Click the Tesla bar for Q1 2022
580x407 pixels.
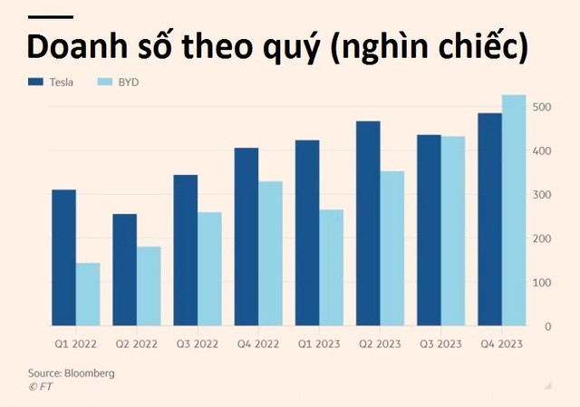point(63,257)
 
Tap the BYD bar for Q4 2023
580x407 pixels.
point(514,210)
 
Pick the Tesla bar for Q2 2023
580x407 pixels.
point(368,223)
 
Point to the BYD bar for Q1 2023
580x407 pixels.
point(331,267)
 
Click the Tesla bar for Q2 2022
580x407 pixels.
point(124,270)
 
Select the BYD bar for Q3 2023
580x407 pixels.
point(453,231)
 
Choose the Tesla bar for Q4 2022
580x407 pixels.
point(246,237)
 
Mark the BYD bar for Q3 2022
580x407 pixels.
point(209,269)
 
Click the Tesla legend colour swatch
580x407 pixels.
point(36,82)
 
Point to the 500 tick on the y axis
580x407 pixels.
point(542,107)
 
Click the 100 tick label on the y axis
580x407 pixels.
point(542,283)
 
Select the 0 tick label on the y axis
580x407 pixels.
point(546,326)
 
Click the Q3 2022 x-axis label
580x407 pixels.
point(197,344)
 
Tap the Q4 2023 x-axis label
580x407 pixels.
point(501,344)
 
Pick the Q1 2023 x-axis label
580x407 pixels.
point(318,344)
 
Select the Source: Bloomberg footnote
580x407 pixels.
point(71,373)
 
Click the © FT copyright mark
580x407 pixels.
point(40,386)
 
